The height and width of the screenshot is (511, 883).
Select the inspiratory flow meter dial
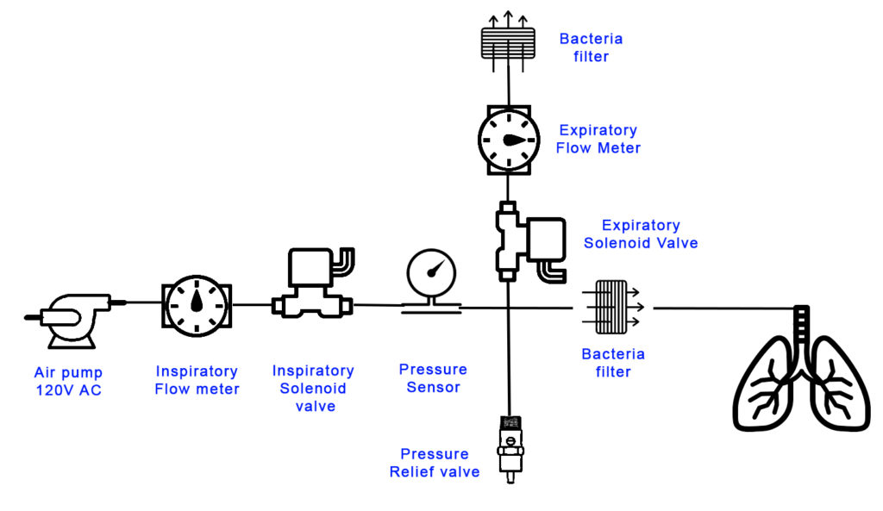[197, 306]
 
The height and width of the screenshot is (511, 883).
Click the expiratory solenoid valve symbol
[528, 243]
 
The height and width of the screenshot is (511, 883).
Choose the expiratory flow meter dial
[509, 139]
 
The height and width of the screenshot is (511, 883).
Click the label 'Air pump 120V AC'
[68, 381]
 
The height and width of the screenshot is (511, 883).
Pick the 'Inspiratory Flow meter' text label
[197, 380]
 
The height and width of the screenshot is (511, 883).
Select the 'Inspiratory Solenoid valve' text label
[313, 389]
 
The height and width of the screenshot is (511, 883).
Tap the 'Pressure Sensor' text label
[433, 378]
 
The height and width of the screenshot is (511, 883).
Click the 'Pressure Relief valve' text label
[435, 463]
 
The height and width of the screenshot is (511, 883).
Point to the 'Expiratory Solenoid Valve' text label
[641, 234]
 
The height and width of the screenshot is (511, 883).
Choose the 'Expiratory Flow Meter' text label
[598, 139]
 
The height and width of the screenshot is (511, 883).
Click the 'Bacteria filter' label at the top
[591, 47]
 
